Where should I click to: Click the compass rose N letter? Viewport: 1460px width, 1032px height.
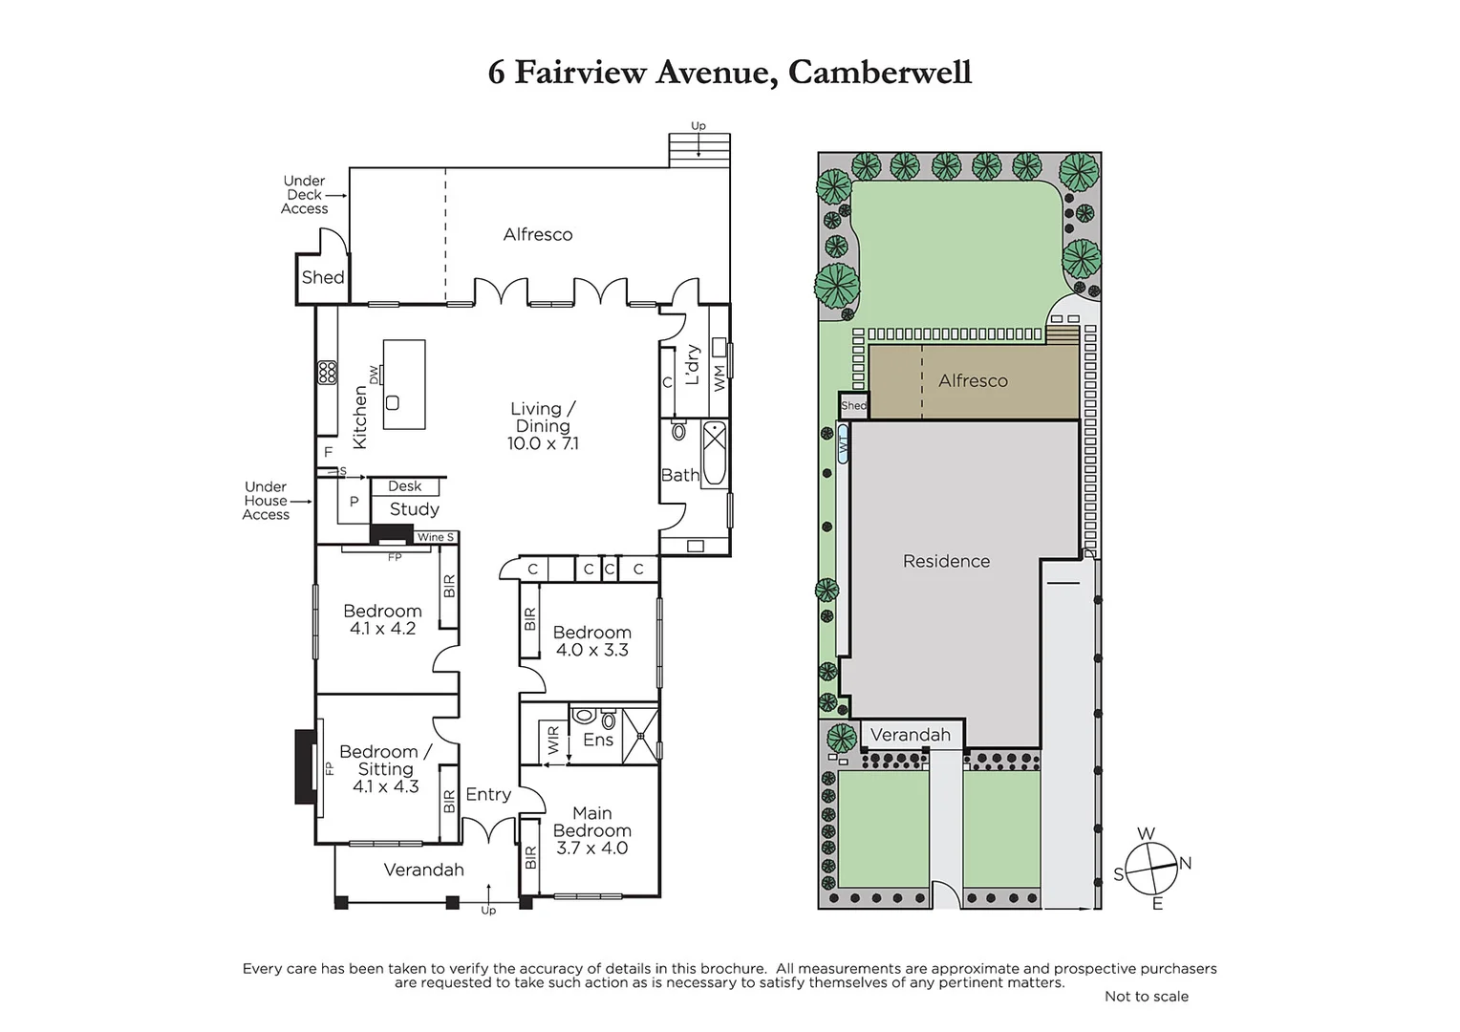1185,863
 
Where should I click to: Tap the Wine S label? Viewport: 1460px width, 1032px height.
436,537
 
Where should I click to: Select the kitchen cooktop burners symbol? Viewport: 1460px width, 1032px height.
327,373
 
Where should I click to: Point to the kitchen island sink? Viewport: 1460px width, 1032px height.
393,403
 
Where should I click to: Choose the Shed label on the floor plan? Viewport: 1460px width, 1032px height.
323,277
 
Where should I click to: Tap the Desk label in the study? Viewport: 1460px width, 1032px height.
405,485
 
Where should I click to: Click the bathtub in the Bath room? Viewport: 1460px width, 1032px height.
715,453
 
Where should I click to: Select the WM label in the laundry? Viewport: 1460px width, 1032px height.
719,378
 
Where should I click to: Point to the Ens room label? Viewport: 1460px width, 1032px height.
598,740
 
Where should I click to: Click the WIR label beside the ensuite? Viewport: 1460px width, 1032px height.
553,740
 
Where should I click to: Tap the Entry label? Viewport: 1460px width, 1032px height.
488,795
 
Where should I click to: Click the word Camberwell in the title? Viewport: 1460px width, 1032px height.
880,73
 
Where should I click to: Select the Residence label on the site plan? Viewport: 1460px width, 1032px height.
946,561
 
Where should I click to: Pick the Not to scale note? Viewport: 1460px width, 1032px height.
1147,996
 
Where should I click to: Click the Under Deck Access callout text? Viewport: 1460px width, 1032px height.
305,194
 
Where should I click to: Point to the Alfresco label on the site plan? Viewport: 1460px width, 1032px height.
973,380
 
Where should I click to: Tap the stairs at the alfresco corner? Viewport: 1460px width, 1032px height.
700,151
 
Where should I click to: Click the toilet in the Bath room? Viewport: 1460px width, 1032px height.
678,430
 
